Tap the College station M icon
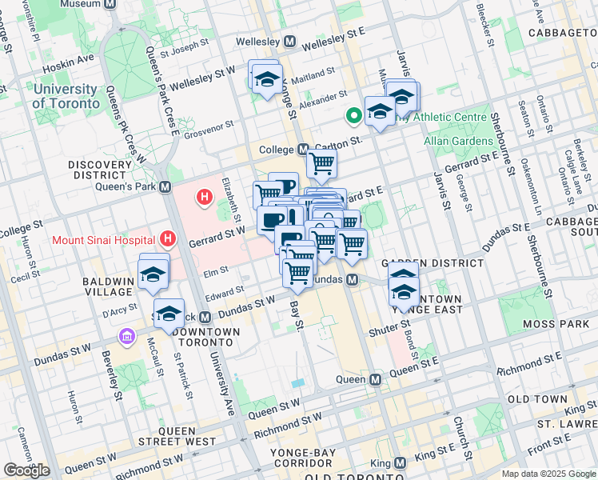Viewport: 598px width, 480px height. (x=303, y=150)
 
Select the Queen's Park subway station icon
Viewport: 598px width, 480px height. (x=165, y=186)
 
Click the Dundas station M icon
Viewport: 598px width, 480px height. (x=351, y=280)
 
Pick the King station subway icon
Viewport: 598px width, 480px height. (x=401, y=463)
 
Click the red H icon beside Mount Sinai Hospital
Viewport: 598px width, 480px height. (x=167, y=238)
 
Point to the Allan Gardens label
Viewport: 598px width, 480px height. (x=458, y=141)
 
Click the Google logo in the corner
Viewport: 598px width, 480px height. (x=26, y=470)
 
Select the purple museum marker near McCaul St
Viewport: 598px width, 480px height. (x=126, y=337)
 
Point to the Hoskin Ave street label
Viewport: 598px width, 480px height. (x=74, y=58)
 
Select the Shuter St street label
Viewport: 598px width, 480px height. (x=389, y=330)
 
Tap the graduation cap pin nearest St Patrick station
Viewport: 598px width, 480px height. (x=169, y=314)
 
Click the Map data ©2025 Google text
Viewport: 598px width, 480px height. (x=548, y=474)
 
